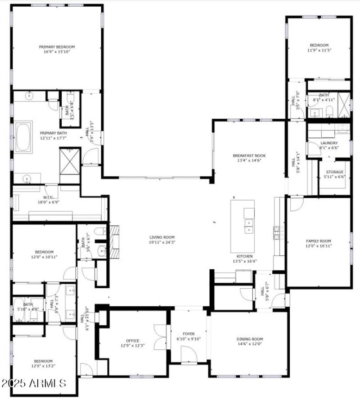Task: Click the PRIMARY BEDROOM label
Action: pos(57,47)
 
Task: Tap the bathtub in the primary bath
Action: pos(24,137)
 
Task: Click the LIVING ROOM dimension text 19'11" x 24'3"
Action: pos(162,242)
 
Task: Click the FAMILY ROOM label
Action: pos(318,241)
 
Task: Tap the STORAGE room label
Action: pos(334,172)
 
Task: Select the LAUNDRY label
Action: pos(329,143)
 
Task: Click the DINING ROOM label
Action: pos(250,339)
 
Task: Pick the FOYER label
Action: pos(189,334)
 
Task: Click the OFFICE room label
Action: pos(132,341)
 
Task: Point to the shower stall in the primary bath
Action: pos(70,160)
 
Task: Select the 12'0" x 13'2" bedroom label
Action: pos(44,361)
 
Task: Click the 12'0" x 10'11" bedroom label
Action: pos(44,252)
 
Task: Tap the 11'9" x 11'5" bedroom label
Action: pos(319,45)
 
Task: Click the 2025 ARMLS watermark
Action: pos(34,383)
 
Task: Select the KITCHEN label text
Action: pos(244,256)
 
